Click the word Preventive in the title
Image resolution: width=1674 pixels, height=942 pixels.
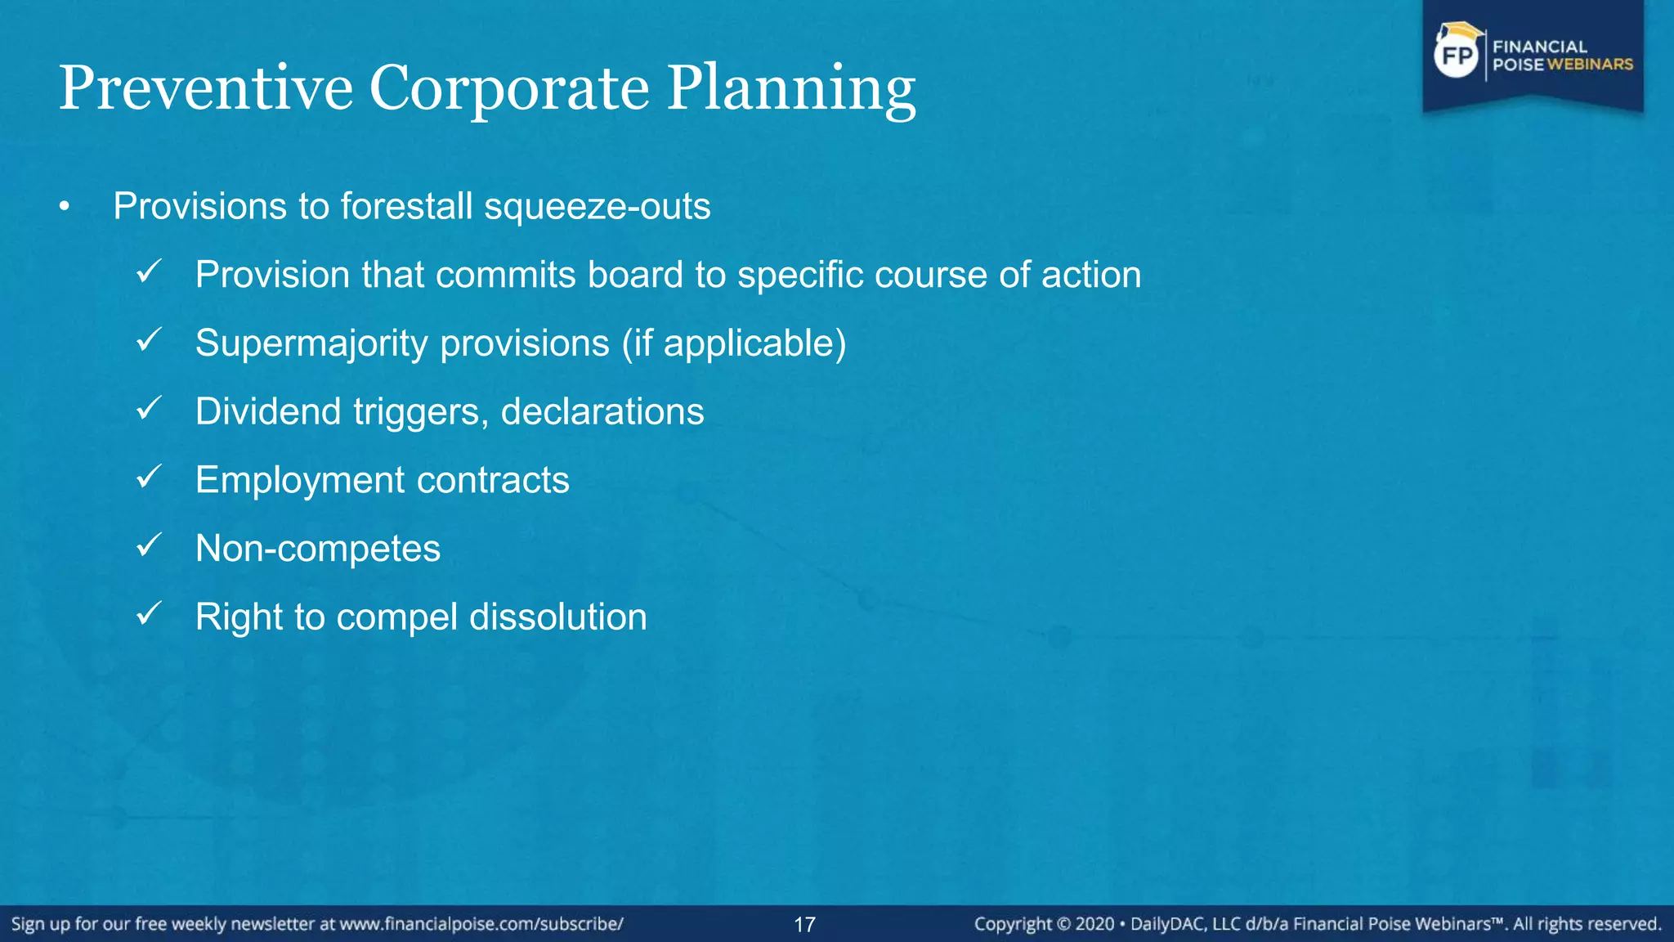(x=205, y=88)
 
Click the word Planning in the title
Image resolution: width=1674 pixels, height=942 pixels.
(x=791, y=88)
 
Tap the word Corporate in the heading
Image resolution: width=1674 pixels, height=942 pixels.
(x=509, y=88)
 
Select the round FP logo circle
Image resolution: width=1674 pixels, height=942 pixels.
(x=1457, y=56)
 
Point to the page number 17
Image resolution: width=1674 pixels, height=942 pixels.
(x=804, y=925)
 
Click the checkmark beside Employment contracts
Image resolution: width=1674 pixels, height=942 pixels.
(x=150, y=477)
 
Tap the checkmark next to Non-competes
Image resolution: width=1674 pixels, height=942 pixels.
(x=150, y=545)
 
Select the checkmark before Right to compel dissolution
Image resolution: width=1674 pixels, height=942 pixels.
(x=150, y=613)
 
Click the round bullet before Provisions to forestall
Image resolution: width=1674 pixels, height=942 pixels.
(x=65, y=208)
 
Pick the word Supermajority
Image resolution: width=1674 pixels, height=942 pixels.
(x=311, y=343)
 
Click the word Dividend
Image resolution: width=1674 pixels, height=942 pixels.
(x=268, y=411)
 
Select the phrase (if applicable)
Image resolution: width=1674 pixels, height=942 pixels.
(x=734, y=343)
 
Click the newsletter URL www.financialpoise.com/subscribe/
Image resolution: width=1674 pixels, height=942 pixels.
(x=481, y=925)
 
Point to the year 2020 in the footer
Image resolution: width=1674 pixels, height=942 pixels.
(x=1094, y=925)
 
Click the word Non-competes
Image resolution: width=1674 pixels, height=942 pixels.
(x=318, y=549)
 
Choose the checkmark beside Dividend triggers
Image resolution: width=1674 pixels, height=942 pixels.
(x=150, y=408)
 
